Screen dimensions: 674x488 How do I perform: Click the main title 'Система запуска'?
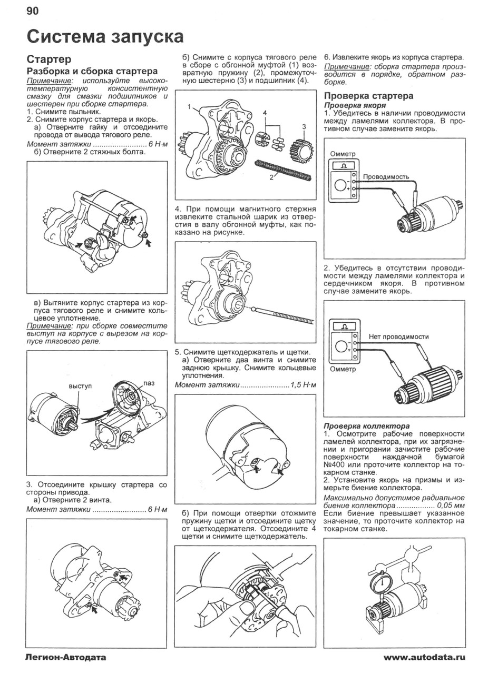coord(105,36)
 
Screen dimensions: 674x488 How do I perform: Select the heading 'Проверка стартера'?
coord(368,96)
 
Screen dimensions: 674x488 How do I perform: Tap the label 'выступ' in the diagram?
coord(80,386)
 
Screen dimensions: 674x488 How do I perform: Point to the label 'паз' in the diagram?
coord(149,384)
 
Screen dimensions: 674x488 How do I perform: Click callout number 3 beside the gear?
coord(304,126)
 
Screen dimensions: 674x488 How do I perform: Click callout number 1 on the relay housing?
coord(188,106)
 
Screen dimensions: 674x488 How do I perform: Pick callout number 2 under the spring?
coord(272,177)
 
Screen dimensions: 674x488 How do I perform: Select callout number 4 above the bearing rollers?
coord(266,113)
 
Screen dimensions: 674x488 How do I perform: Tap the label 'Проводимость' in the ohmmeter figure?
coord(386,177)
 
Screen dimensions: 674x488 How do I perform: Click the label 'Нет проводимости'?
coord(398,336)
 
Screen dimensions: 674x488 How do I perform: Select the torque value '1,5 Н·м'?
coord(302,385)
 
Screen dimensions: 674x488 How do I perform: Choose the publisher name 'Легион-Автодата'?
coord(65,657)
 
